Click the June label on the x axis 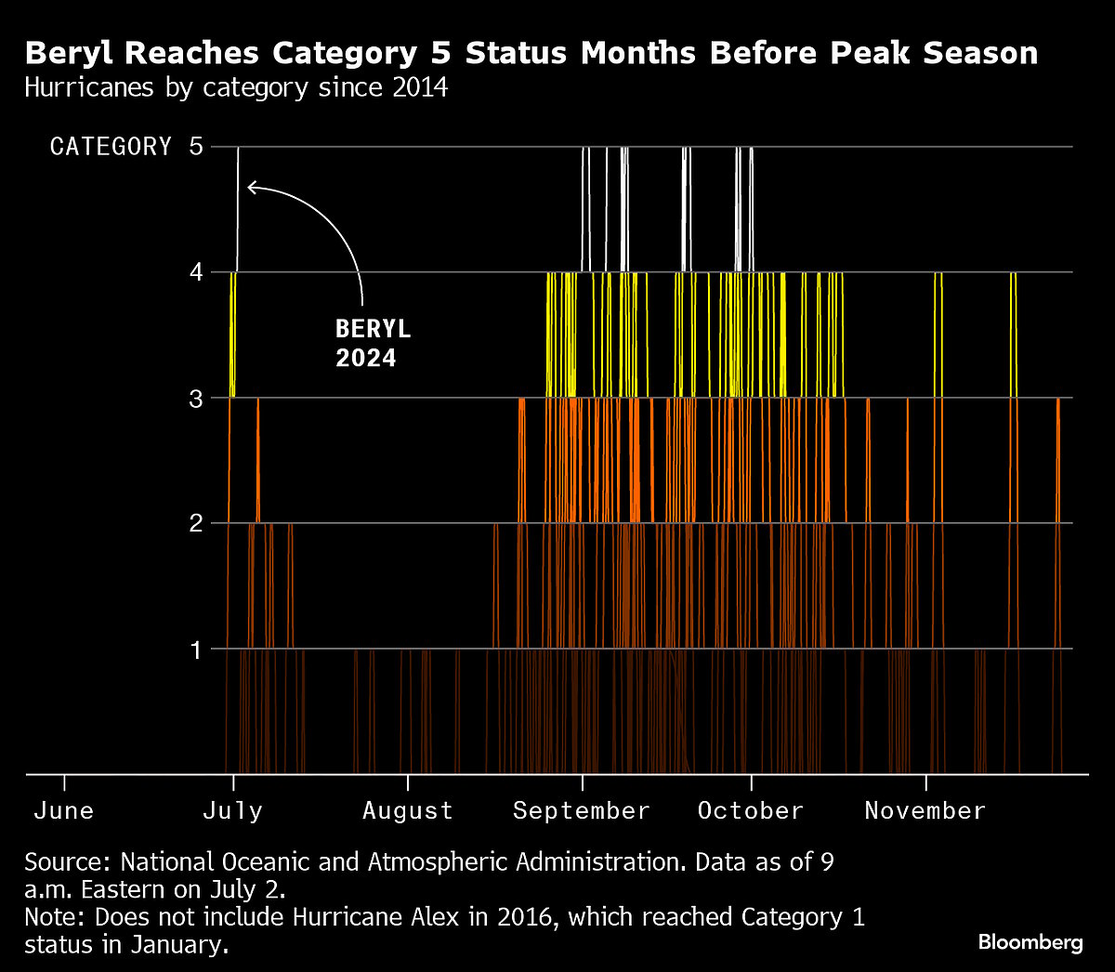tap(63, 810)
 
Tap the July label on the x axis tap(232, 810)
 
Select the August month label tap(407, 810)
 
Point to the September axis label tap(581, 810)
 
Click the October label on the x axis tap(750, 810)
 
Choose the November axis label tap(925, 810)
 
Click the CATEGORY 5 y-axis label tap(126, 147)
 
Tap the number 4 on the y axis tap(195, 272)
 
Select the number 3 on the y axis tap(195, 398)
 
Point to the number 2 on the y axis tap(195, 523)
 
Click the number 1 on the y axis tap(195, 649)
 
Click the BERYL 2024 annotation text tap(372, 344)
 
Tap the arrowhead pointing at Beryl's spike tap(251, 188)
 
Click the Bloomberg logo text tap(1030, 942)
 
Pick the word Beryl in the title tap(70, 53)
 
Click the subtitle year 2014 tap(419, 88)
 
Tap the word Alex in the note tap(433, 917)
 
